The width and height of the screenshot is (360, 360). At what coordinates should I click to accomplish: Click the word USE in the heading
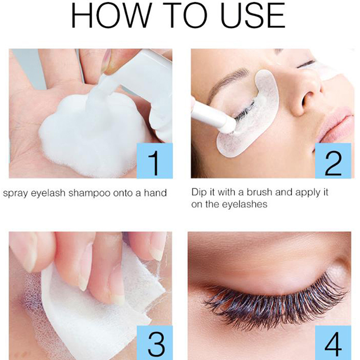(x=252, y=15)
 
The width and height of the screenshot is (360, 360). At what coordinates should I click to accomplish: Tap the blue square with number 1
(x=154, y=161)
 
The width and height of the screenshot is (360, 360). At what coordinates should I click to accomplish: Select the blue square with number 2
(x=333, y=161)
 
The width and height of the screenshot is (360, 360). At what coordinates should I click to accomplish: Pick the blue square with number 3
(x=154, y=342)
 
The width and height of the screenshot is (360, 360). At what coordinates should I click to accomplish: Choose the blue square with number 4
(x=333, y=342)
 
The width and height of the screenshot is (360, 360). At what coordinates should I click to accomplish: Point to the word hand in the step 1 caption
(x=155, y=193)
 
